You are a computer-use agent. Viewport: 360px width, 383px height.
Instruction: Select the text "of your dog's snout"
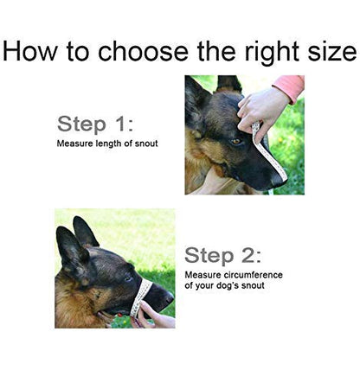[224, 286]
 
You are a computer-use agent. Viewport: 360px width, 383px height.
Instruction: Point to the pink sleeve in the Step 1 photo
[290, 87]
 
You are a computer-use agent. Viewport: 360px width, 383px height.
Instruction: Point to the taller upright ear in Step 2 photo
[85, 232]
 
